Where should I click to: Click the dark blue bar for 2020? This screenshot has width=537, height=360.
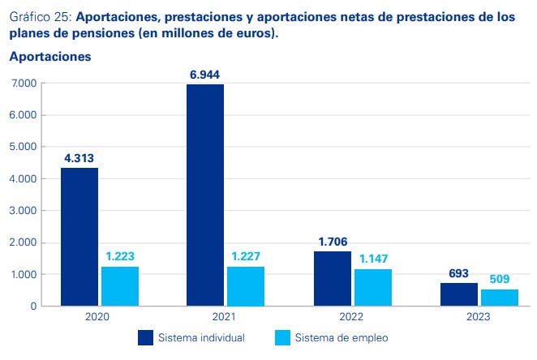point(79,237)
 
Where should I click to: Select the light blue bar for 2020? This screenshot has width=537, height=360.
point(120,286)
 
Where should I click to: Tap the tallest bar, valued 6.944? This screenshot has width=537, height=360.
point(204,195)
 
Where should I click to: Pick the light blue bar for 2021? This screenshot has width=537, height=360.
point(246,286)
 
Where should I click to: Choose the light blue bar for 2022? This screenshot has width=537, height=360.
point(372,288)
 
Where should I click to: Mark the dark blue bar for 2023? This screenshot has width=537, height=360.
point(458,294)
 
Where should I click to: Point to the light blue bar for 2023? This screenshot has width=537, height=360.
point(499,298)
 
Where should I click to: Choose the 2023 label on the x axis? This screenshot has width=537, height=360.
point(478,317)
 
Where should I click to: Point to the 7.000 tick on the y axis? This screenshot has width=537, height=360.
point(24,84)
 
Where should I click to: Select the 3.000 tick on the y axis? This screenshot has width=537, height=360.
point(24,211)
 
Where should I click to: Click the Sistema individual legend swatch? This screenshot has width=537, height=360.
point(146,337)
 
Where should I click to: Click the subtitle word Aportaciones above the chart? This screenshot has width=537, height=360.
point(50,58)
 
